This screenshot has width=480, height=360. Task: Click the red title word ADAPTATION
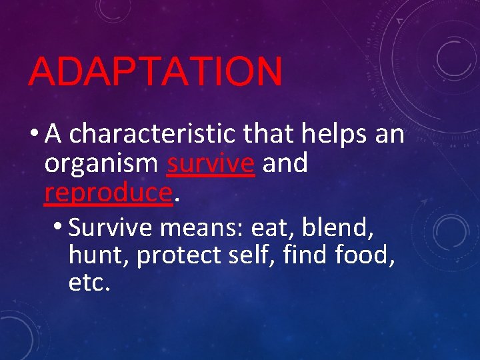coord(155,71)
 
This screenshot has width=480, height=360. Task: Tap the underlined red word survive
coord(211,164)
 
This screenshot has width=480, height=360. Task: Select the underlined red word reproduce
coord(109,193)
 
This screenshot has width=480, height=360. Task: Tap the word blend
coord(337,228)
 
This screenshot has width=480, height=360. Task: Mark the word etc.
coord(89,283)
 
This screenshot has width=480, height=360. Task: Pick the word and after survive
coord(285,164)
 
